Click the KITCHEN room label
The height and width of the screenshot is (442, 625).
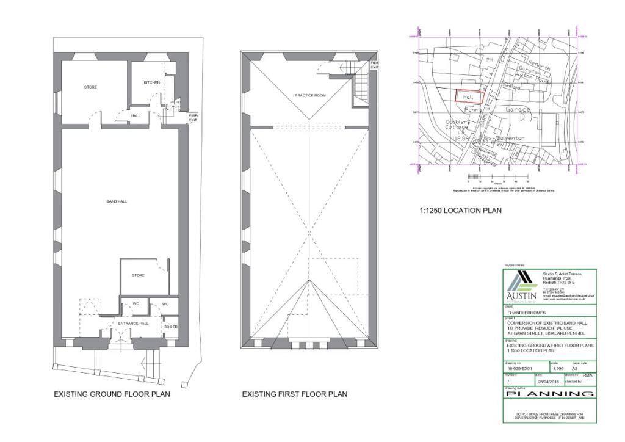tap(151, 82)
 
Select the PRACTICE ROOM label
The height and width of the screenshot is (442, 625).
tap(310, 95)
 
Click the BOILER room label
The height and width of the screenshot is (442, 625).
tap(171, 327)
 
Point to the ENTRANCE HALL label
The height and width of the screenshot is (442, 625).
tap(133, 323)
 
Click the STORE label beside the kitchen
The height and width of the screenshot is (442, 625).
tap(90, 87)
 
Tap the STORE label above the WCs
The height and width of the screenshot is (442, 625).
tap(139, 275)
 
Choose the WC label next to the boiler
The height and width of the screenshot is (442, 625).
tap(165, 303)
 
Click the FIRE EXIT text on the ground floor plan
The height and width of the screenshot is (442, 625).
tap(193, 117)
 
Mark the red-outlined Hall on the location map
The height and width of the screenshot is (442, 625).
tap(469, 97)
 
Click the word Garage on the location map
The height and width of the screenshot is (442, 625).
tap(518, 110)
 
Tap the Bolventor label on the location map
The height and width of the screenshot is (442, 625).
tap(511, 139)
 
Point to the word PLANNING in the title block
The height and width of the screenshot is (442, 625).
tap(549, 394)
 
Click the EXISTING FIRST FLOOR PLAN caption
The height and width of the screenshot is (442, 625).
tap(294, 394)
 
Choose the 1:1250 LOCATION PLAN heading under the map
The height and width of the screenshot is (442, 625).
tap(461, 211)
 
